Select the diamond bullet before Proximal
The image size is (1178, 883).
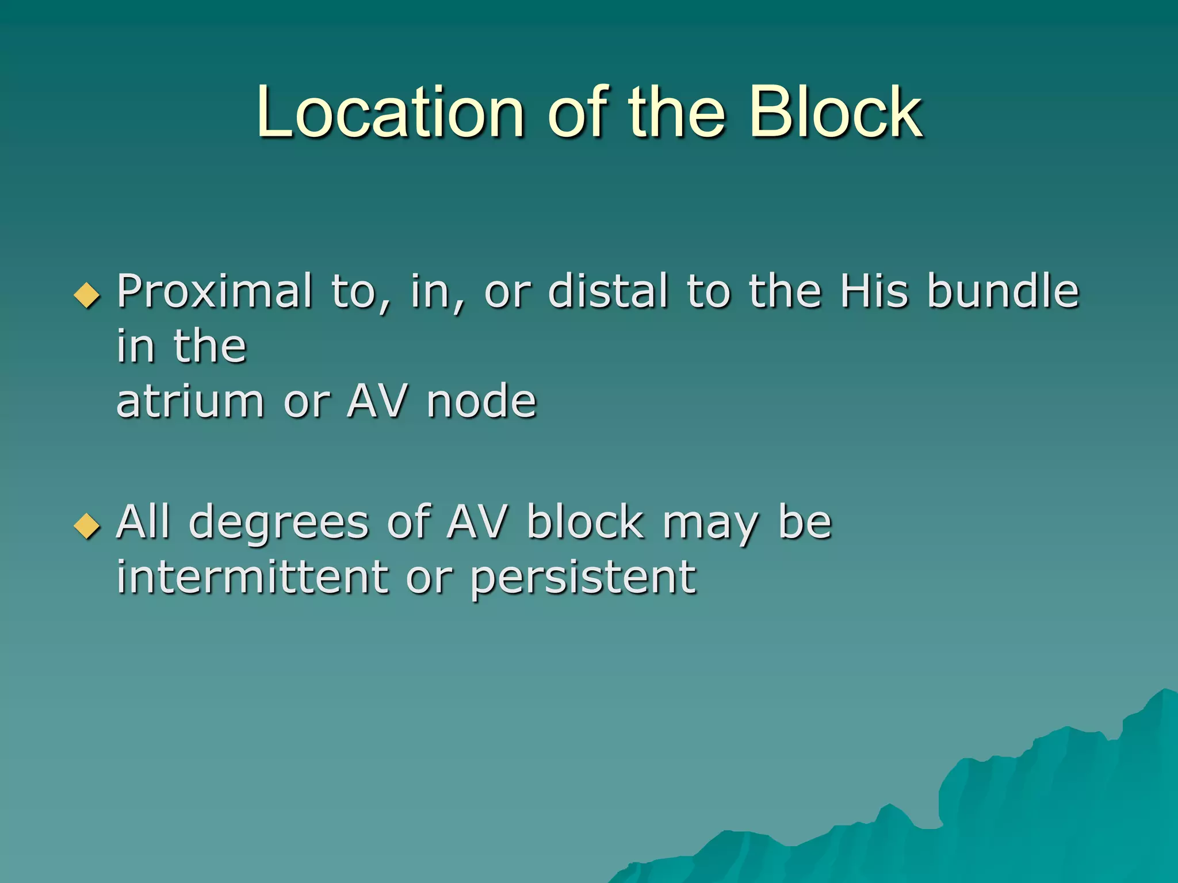point(87,295)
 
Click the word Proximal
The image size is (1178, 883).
point(215,291)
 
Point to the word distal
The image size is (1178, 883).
point(608,291)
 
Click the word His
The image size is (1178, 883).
point(874,291)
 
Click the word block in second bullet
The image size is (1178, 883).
point(585,523)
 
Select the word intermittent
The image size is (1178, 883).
point(252,577)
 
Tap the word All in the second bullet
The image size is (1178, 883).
point(143,523)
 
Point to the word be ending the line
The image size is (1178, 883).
point(804,523)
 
